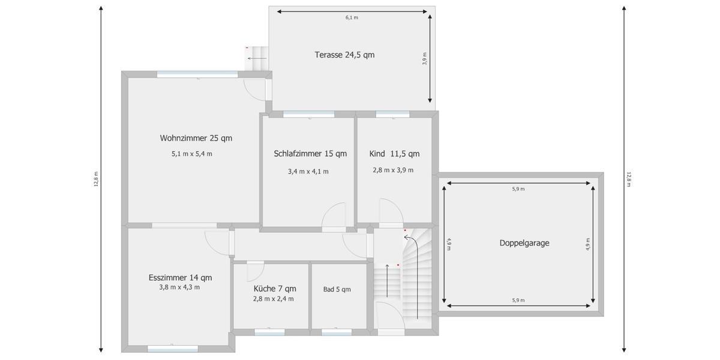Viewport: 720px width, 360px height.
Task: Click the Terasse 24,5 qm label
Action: click(344, 55)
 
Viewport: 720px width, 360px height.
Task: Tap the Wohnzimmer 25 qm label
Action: click(196, 138)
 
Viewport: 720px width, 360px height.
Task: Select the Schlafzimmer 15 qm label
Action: click(310, 154)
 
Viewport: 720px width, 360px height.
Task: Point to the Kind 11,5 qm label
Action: click(394, 154)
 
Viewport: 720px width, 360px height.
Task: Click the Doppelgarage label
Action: click(524, 243)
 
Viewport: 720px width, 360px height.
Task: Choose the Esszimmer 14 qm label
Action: click(180, 277)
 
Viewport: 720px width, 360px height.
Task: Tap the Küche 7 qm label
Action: click(275, 288)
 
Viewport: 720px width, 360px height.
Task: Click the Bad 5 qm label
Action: click(337, 289)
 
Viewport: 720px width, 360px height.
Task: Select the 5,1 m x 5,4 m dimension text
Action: click(191, 154)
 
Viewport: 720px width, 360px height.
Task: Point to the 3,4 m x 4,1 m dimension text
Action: click(308, 171)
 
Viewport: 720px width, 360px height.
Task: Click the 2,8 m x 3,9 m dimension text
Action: click(393, 170)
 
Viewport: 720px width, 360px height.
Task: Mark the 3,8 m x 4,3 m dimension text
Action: click(179, 287)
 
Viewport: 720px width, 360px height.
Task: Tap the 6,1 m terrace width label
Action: click(352, 18)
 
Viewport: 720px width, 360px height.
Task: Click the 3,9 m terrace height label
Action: click(424, 59)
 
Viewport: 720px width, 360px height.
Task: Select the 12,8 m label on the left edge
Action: click(95, 179)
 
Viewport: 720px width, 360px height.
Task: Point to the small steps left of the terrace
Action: click(257, 58)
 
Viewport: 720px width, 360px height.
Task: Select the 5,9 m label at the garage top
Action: click(518, 189)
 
